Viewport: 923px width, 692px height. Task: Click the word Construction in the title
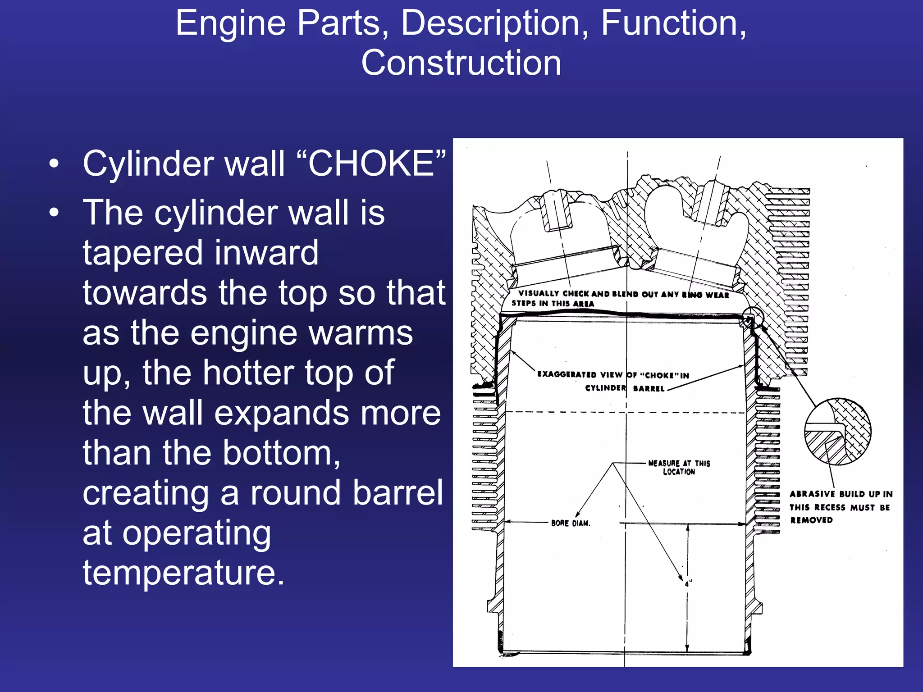click(461, 63)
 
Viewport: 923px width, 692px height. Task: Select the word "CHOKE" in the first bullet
click(371, 163)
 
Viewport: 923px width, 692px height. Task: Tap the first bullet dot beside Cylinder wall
click(54, 164)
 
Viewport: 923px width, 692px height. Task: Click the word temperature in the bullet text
click(184, 573)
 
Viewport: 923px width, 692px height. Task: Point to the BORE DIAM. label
click(570, 523)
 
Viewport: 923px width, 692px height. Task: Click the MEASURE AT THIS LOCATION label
click(679, 467)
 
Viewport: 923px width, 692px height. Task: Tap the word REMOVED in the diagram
click(811, 520)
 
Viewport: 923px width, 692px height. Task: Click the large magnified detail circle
click(838, 432)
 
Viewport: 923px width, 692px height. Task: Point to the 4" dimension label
click(689, 583)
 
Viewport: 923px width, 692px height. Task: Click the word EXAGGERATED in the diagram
click(567, 374)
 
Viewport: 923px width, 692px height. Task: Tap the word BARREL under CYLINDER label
click(649, 388)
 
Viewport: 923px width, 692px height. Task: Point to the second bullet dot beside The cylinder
click(54, 213)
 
